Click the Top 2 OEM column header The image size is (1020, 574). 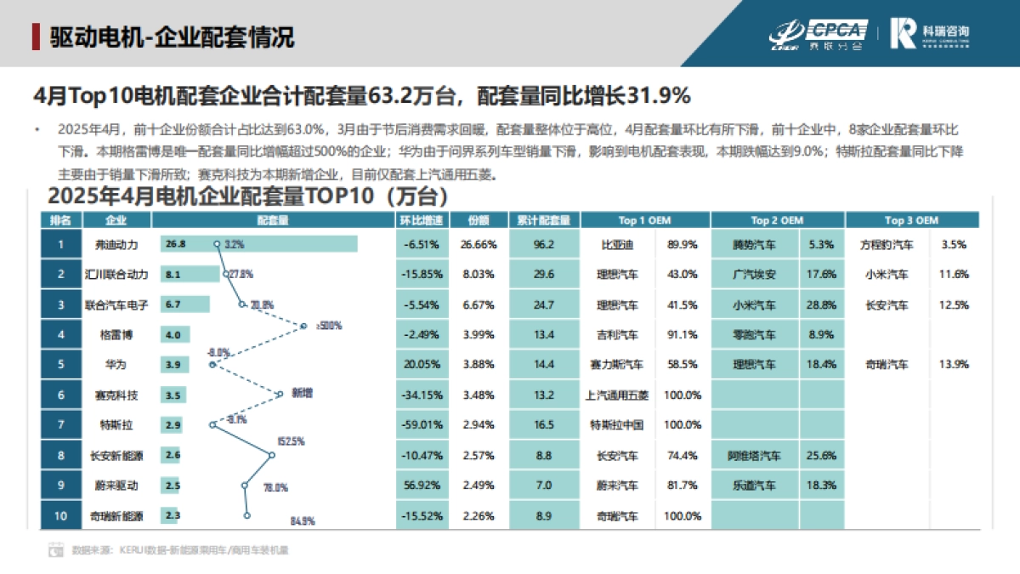777,220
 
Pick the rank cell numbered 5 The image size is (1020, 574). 61,364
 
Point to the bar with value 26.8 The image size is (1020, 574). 259,244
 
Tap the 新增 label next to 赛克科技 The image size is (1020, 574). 302,393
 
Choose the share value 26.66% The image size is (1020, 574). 479,244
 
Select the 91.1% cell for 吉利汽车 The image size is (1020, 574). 683,334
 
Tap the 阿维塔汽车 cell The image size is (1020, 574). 754,455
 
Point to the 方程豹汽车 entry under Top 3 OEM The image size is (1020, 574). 887,244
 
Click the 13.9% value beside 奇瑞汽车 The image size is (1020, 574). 955,364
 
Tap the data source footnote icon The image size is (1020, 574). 56,549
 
